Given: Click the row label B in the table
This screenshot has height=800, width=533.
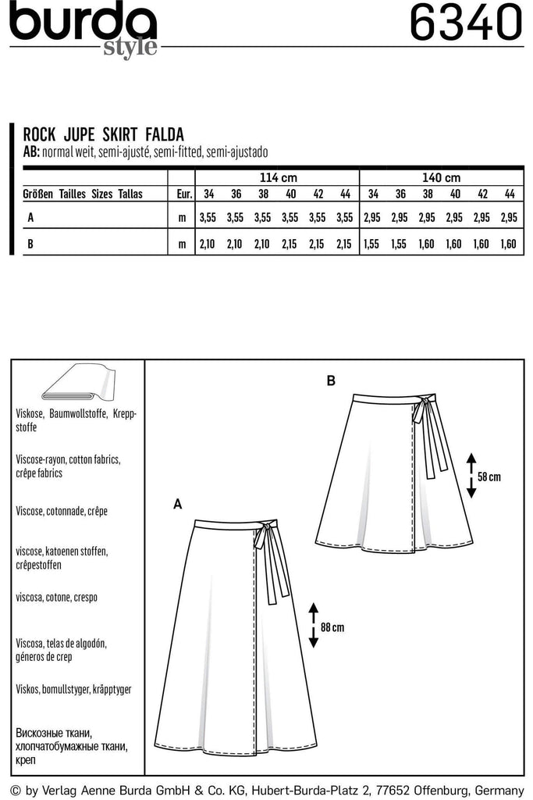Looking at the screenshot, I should click(x=30, y=245).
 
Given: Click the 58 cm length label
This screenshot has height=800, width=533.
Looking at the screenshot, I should click(x=489, y=476).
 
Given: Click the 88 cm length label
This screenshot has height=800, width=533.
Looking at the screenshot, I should click(x=332, y=626).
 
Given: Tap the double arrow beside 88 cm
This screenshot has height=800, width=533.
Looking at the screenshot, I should click(x=312, y=625).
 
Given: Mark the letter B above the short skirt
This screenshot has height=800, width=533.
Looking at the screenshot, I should click(x=331, y=381).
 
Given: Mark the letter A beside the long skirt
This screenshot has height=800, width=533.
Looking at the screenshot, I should click(x=177, y=505).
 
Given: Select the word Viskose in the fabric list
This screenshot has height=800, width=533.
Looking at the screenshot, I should click(x=30, y=411).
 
